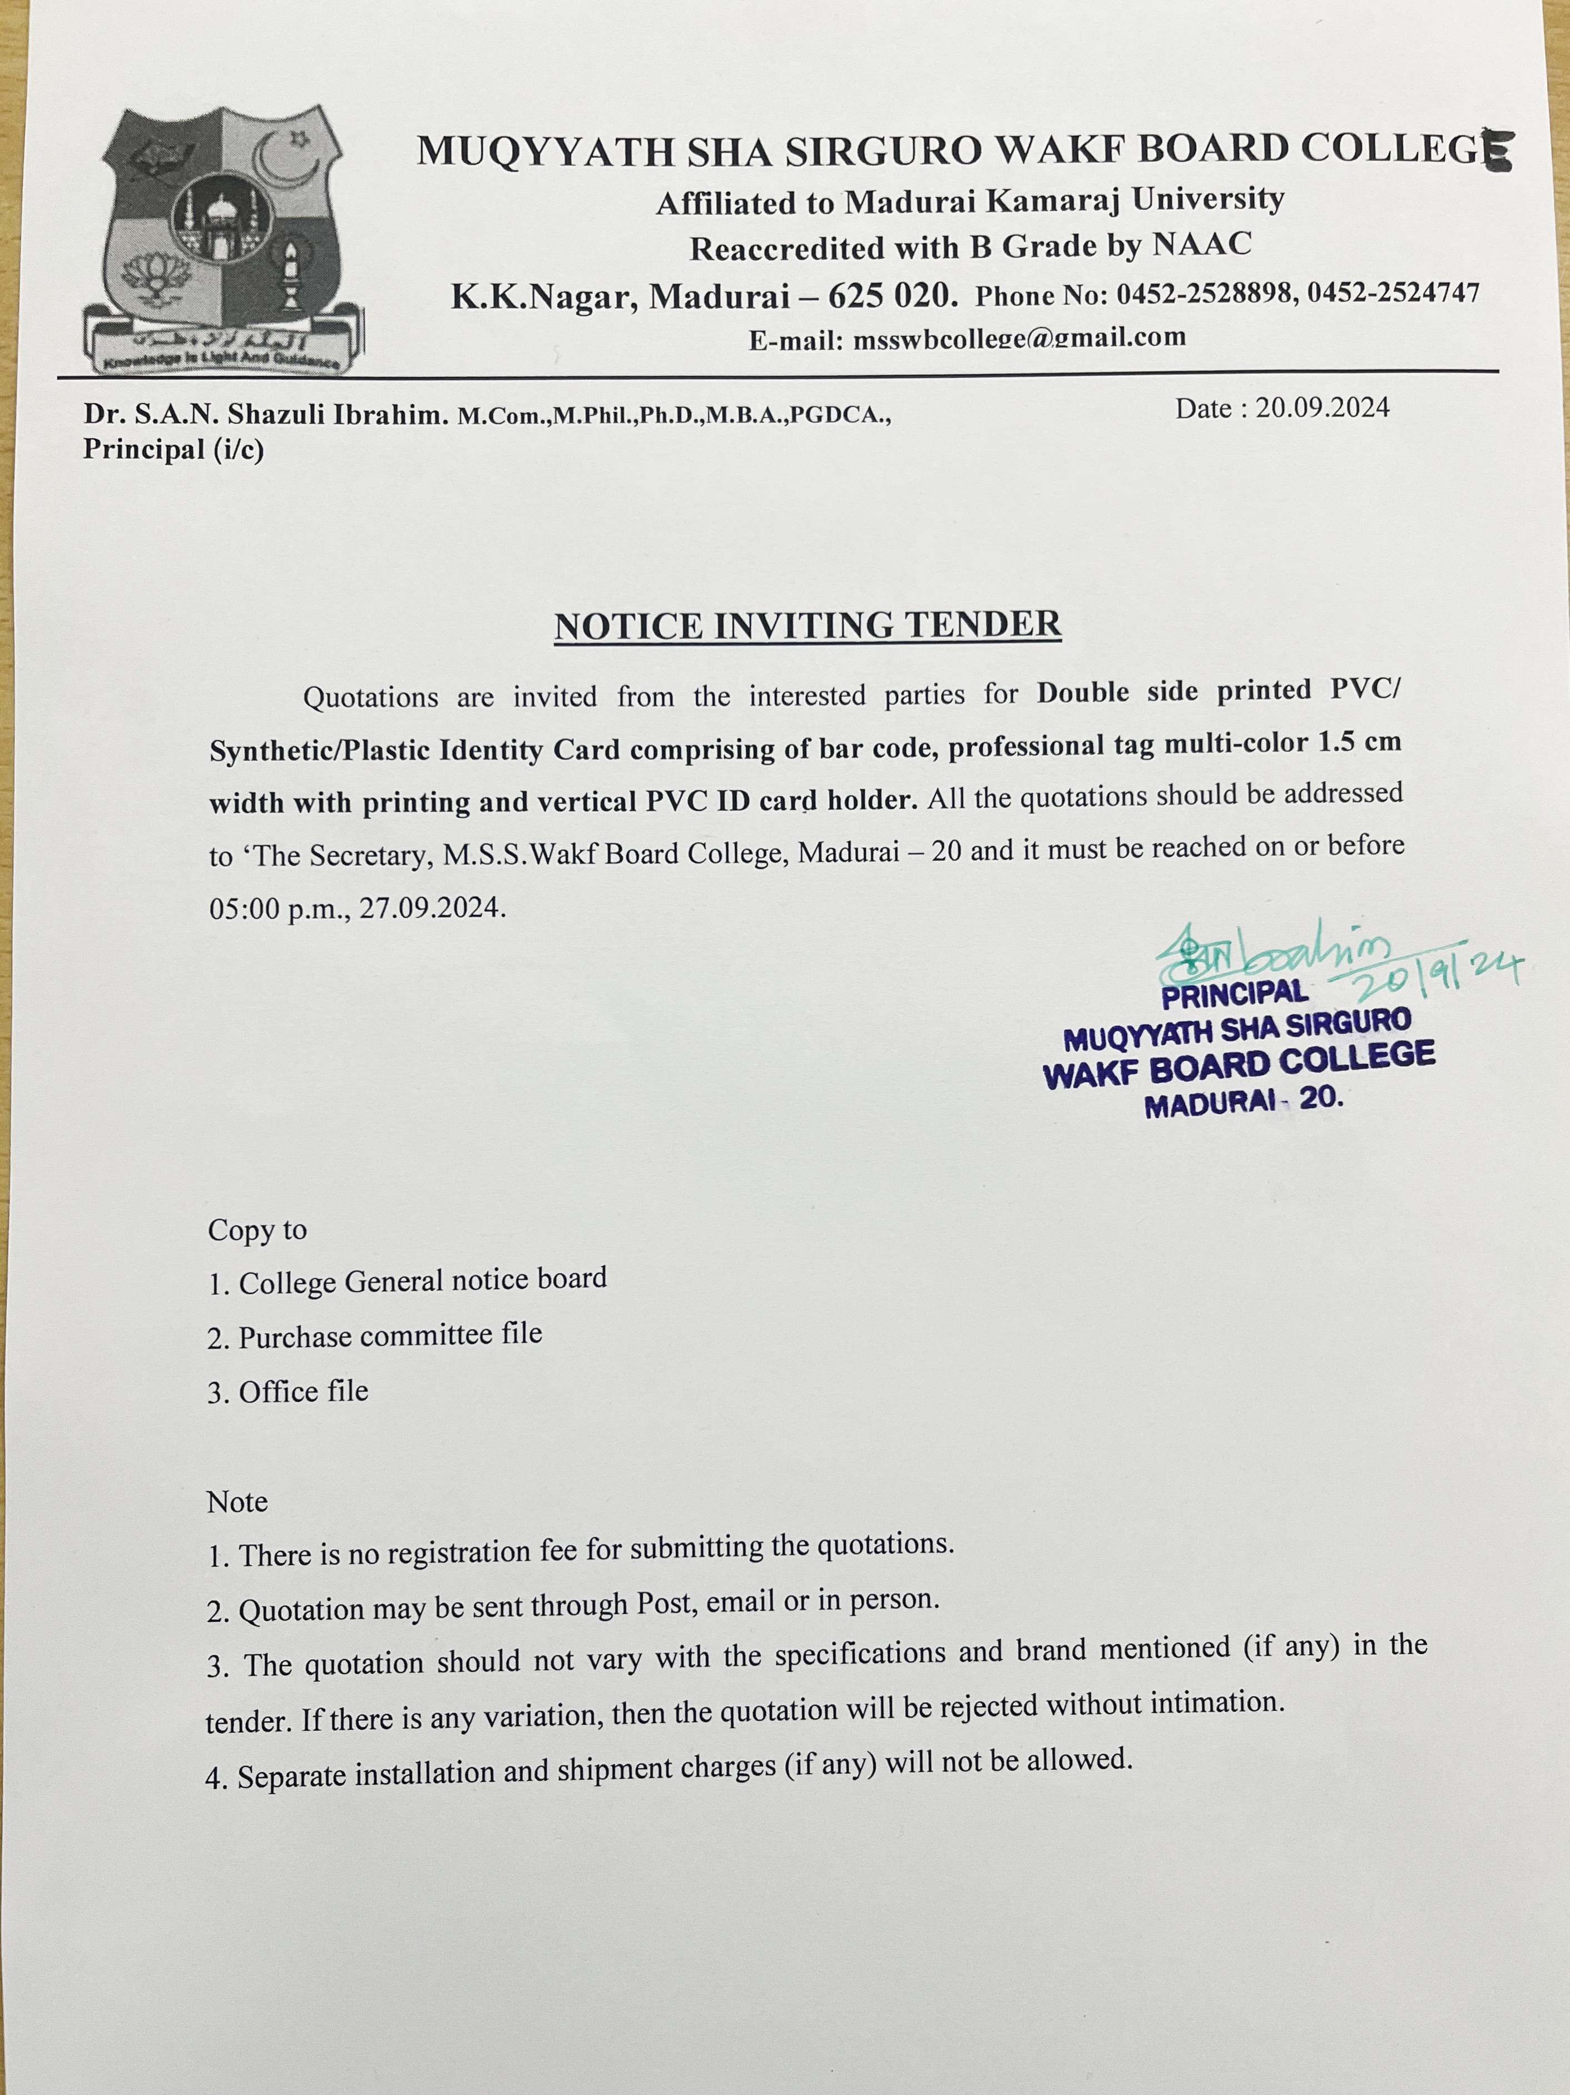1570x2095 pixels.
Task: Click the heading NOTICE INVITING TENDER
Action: pos(808,625)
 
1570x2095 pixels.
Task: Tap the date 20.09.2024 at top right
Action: pos(1322,408)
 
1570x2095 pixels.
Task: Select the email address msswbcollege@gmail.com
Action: pos(1018,338)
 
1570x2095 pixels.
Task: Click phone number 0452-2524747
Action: pos(1393,292)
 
